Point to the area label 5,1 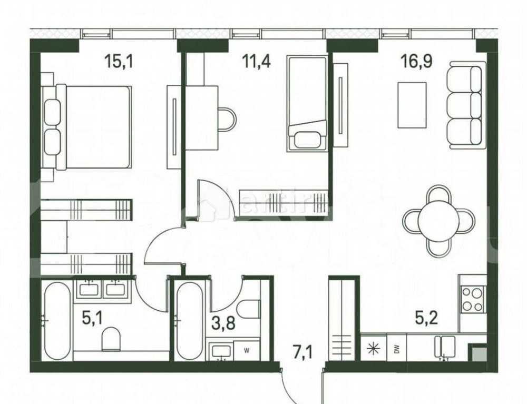[x=93, y=318]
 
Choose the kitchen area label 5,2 [x=427, y=318]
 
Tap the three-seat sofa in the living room [x=464, y=103]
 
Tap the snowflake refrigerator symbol [x=373, y=349]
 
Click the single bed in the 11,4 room [x=307, y=103]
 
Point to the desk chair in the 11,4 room [x=228, y=119]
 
